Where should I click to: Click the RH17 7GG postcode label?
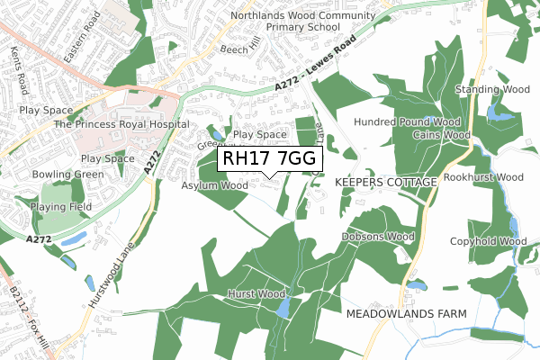coord(268,158)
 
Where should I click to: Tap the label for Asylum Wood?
coord(214,186)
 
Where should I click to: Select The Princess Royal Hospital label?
coord(121,124)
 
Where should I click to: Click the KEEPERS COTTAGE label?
coord(385,182)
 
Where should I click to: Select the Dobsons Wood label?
coord(377,237)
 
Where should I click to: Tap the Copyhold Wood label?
coord(489,241)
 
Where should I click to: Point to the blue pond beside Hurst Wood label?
coord(283,309)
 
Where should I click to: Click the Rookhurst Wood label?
coord(483,177)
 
